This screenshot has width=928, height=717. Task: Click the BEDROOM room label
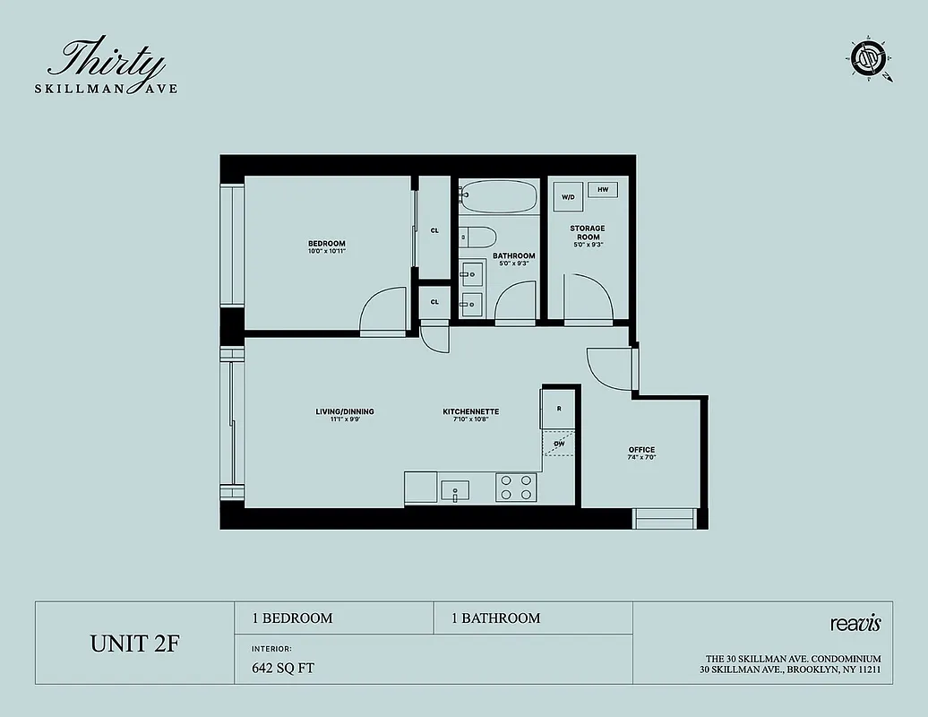[327, 244]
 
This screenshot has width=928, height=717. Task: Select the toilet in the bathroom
[479, 238]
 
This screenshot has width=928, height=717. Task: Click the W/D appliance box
[568, 197]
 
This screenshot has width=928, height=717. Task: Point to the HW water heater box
[603, 190]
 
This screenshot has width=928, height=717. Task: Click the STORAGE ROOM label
[588, 233]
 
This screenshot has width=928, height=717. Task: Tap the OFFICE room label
[641, 450]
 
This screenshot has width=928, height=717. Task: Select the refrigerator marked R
[558, 409]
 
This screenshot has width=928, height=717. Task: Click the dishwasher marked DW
[558, 443]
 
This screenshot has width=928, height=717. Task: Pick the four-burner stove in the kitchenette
[517, 488]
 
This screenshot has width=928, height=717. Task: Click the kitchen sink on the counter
[456, 490]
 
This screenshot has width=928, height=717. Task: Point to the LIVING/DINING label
[345, 412]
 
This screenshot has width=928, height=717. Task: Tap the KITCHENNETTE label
[470, 412]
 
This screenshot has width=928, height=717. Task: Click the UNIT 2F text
[135, 644]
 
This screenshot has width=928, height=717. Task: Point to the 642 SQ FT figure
[283, 668]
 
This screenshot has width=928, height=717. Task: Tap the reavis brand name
[856, 623]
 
